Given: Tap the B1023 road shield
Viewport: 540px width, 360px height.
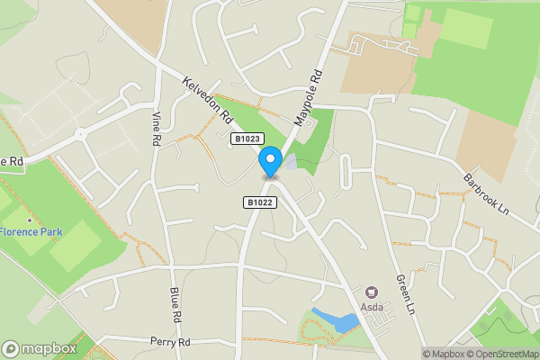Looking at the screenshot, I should [x=247, y=139].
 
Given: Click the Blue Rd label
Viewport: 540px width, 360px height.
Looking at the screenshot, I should [x=175, y=306].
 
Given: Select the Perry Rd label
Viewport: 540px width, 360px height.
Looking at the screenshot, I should [x=171, y=343].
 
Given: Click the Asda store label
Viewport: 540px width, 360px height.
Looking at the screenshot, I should [x=372, y=307].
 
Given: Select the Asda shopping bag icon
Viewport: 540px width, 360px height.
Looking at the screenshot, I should [x=372, y=292].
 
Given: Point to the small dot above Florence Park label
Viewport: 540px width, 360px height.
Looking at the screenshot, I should [x=30, y=220].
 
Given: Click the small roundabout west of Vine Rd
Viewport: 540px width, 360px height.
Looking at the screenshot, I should [x=81, y=133].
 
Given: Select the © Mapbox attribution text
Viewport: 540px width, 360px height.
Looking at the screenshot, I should [x=445, y=354].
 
